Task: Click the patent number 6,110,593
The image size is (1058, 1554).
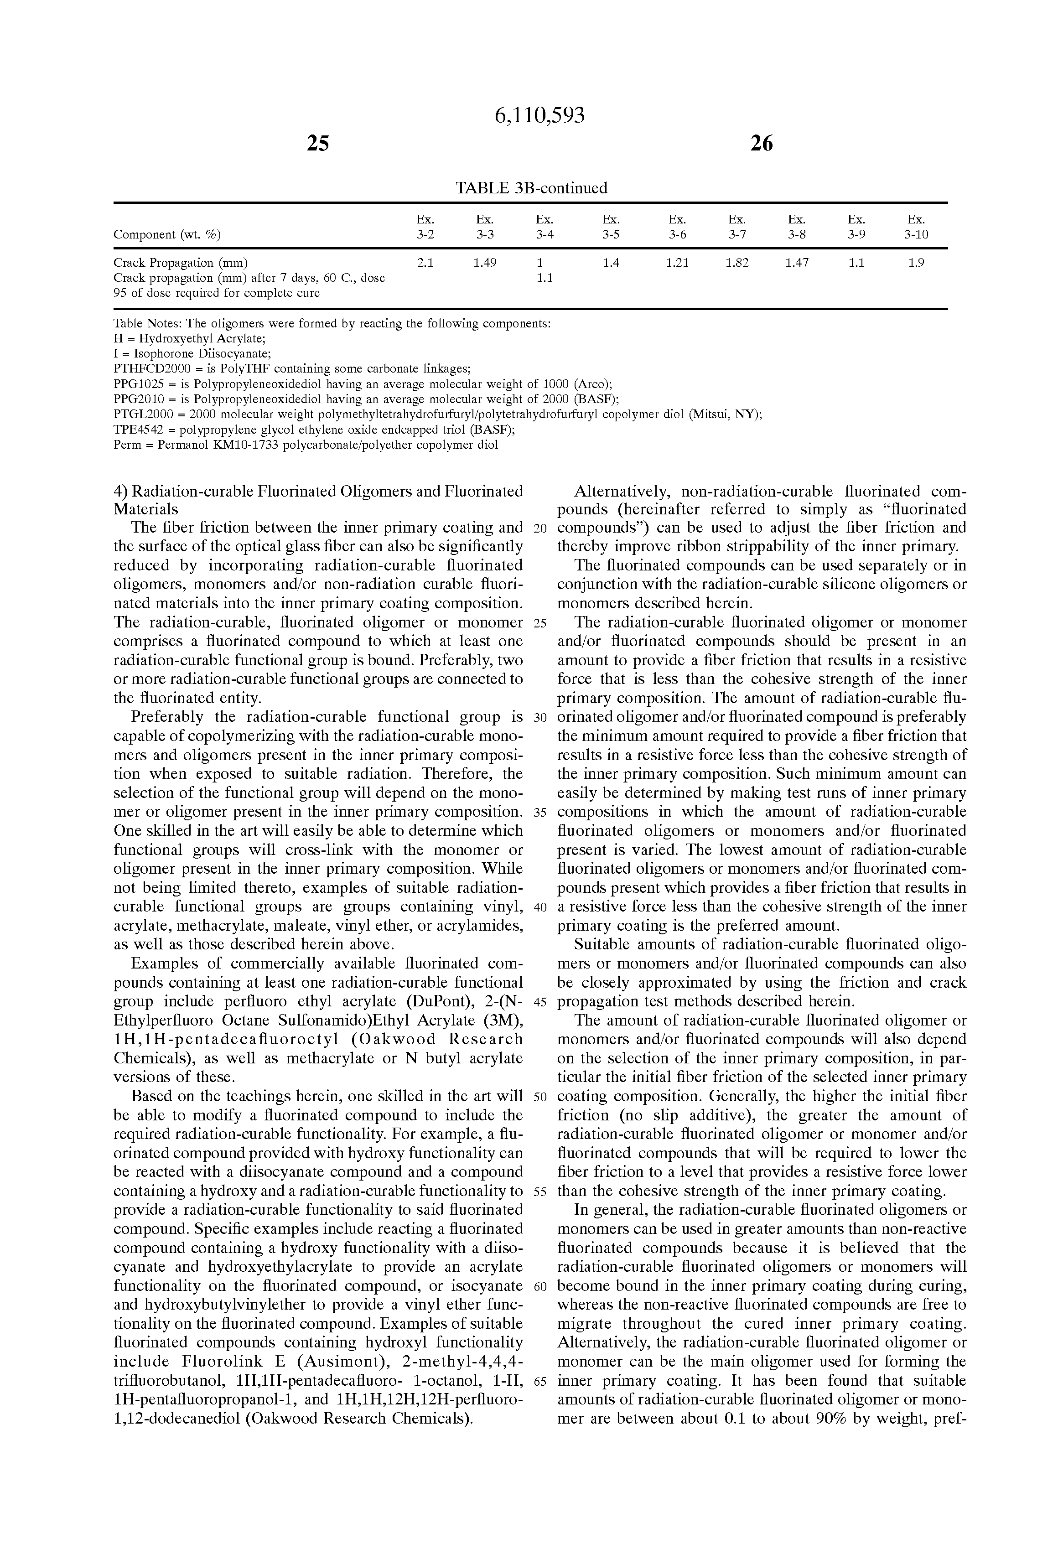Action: [539, 116]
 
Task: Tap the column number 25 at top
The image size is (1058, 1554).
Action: [318, 143]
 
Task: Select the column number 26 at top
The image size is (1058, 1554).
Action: [762, 143]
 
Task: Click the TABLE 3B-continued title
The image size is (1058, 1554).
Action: [531, 188]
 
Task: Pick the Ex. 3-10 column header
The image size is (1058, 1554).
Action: [916, 227]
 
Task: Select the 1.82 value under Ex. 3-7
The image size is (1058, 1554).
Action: [737, 263]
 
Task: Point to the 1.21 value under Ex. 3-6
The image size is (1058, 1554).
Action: [678, 263]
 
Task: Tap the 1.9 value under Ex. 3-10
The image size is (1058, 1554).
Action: [916, 263]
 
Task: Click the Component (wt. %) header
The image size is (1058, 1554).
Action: [167, 234]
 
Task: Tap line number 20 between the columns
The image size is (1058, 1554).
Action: [540, 528]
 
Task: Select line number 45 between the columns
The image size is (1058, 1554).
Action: [540, 1002]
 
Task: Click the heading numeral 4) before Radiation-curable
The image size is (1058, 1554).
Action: [120, 492]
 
